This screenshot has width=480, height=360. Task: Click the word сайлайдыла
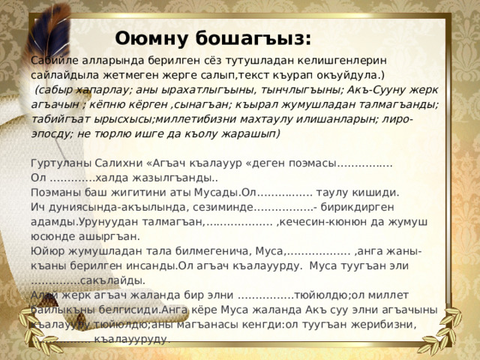[x=65, y=75]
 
